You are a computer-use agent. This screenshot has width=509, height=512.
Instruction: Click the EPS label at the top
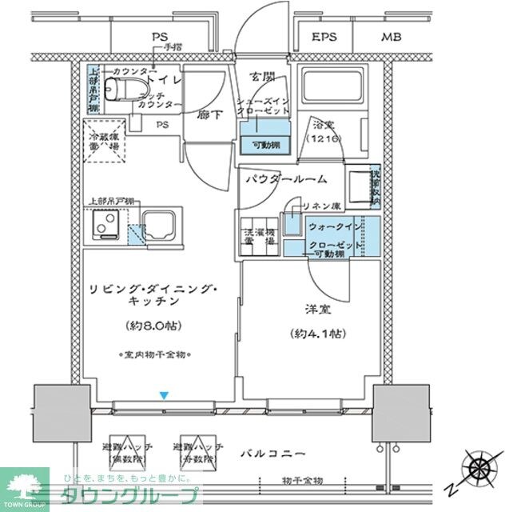pyautogui.click(x=324, y=37)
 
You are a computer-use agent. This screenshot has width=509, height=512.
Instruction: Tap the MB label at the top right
pyautogui.click(x=392, y=37)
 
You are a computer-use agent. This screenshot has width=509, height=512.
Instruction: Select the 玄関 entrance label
pyautogui.click(x=261, y=76)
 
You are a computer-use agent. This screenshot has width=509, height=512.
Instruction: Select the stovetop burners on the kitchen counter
pyautogui.click(x=105, y=226)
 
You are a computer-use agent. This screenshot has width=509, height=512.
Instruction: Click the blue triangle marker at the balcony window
pyautogui.click(x=164, y=394)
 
